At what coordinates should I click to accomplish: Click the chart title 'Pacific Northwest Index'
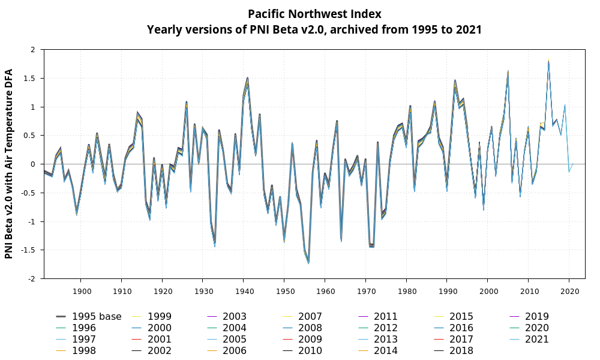(314, 14)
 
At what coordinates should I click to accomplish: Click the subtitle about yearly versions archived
(314, 29)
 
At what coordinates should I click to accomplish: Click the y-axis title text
(10, 164)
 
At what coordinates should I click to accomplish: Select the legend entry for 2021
(536, 340)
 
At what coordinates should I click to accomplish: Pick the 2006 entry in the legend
(234, 351)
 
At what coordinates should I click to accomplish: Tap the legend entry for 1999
(158, 317)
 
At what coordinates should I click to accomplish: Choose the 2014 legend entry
(385, 351)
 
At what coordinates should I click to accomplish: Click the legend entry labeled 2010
(310, 351)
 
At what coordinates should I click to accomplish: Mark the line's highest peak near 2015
(548, 61)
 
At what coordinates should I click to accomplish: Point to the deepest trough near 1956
(308, 263)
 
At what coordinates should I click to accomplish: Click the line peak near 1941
(247, 78)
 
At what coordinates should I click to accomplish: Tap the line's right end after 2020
(573, 164)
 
